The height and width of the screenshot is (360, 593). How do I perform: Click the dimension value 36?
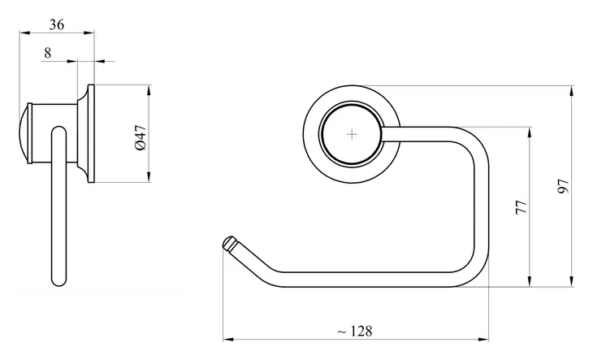pos(57,24)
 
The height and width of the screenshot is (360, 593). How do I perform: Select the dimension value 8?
pos(47,53)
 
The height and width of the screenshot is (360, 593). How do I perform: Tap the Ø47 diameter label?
pos(141,137)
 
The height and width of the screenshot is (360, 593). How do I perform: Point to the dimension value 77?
pos(522,207)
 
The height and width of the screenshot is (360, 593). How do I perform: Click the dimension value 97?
pos(563,186)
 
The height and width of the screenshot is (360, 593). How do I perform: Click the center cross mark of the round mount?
pos(352,134)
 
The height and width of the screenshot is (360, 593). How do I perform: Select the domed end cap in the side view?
pos(25,133)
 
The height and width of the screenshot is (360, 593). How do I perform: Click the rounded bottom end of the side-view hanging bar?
pos(59,280)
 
